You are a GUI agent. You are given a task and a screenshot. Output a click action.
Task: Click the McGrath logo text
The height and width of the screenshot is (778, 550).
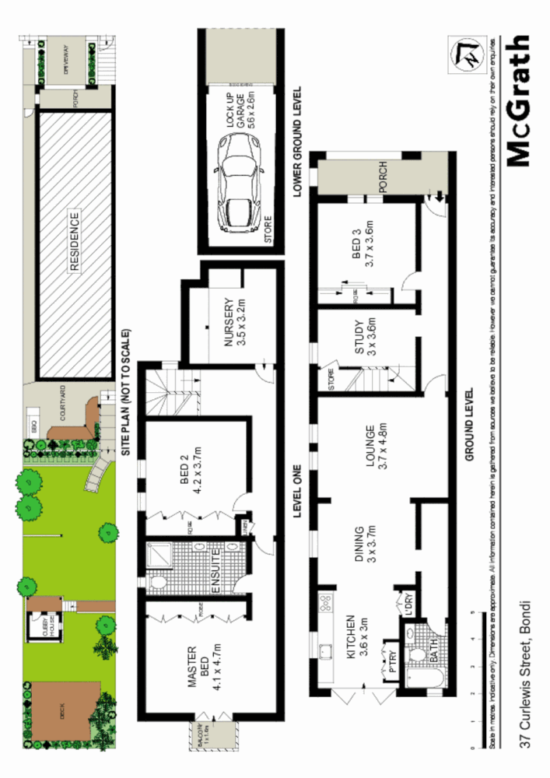(x=519, y=101)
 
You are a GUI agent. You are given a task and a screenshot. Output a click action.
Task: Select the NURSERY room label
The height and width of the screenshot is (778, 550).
(x=234, y=321)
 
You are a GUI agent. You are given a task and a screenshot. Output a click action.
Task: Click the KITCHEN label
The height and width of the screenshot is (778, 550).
(x=357, y=638)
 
